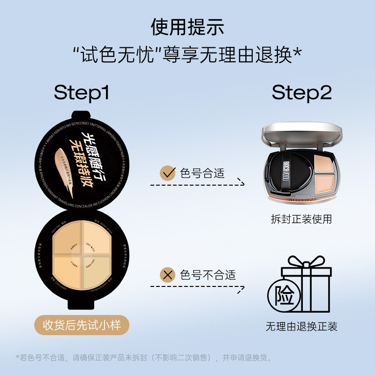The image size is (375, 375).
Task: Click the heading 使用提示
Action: (x=187, y=27)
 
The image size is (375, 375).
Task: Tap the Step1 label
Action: (x=82, y=93)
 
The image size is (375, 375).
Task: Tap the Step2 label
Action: (x=301, y=93)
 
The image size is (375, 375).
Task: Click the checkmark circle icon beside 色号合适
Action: (x=167, y=173)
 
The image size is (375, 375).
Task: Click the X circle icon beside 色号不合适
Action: (x=167, y=275)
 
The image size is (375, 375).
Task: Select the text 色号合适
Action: (x=202, y=173)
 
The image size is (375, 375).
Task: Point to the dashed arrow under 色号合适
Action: (x=197, y=184)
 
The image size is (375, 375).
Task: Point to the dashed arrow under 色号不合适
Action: (x=197, y=286)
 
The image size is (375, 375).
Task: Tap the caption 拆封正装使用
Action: (x=301, y=219)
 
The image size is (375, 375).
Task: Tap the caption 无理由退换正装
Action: (x=301, y=326)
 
